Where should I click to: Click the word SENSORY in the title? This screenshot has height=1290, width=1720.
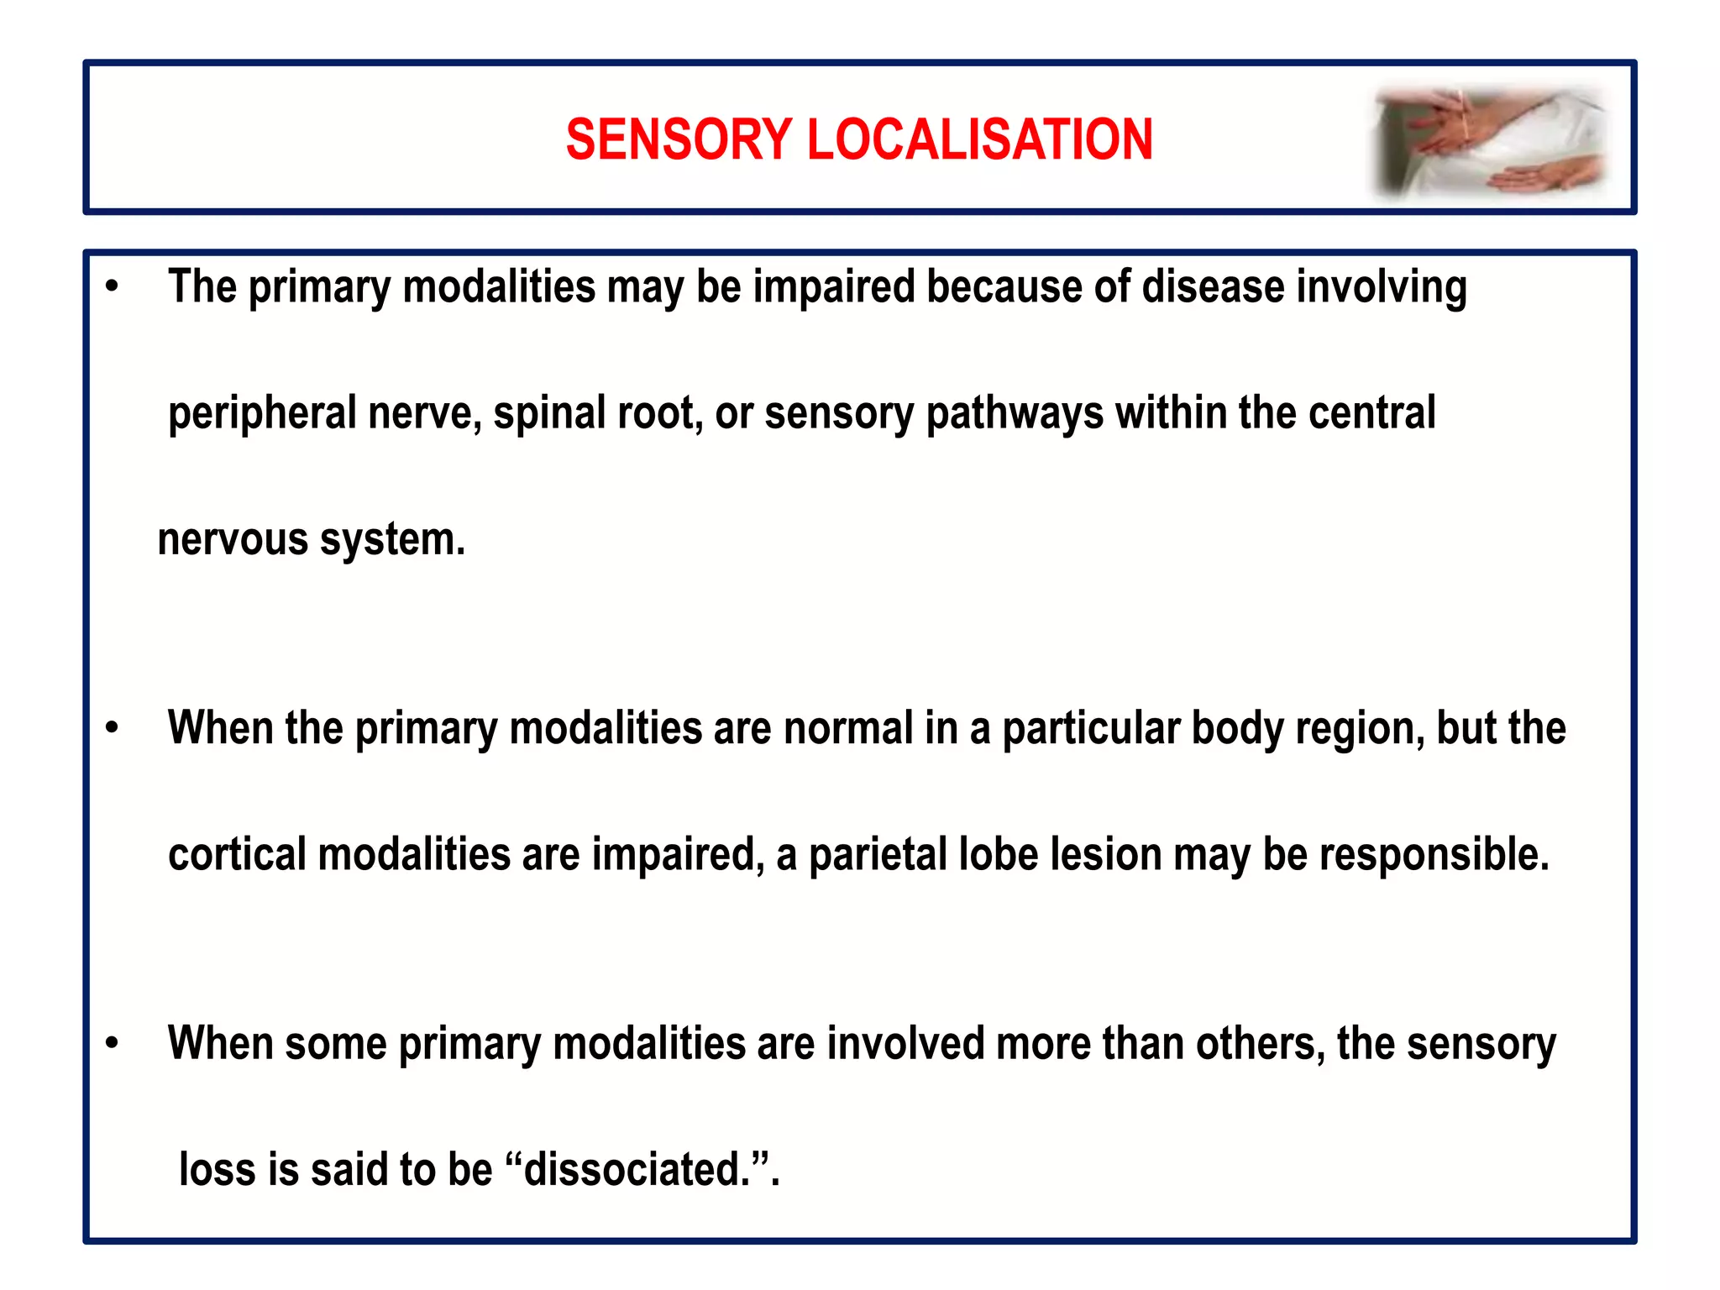pos(679,139)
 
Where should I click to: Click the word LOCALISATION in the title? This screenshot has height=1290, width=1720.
pos(979,139)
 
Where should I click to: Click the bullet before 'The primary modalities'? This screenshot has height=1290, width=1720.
pos(112,287)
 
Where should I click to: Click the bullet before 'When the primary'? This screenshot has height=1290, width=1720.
pos(112,728)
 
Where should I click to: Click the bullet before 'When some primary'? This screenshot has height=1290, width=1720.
pos(112,1044)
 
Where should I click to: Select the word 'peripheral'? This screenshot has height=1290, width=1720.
pos(262,414)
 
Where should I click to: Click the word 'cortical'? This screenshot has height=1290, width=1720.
pos(238,855)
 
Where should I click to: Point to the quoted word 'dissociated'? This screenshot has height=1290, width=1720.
pos(634,1170)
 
